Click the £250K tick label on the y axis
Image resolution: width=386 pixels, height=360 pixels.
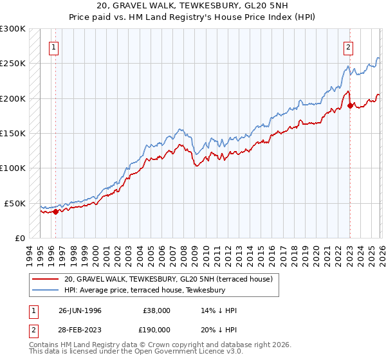[12, 64]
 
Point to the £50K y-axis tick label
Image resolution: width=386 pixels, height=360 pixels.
[14, 203]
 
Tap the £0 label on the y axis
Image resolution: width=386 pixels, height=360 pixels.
[19, 238]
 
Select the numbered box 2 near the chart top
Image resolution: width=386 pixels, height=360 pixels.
[348, 46]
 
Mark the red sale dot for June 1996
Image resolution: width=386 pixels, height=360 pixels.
[56, 211]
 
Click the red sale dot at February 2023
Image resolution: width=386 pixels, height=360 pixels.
[350, 105]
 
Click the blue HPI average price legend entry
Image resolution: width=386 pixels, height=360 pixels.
[144, 290]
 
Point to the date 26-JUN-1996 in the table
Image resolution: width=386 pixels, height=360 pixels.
[79, 310]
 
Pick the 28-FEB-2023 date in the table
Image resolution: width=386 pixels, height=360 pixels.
[79, 328]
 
